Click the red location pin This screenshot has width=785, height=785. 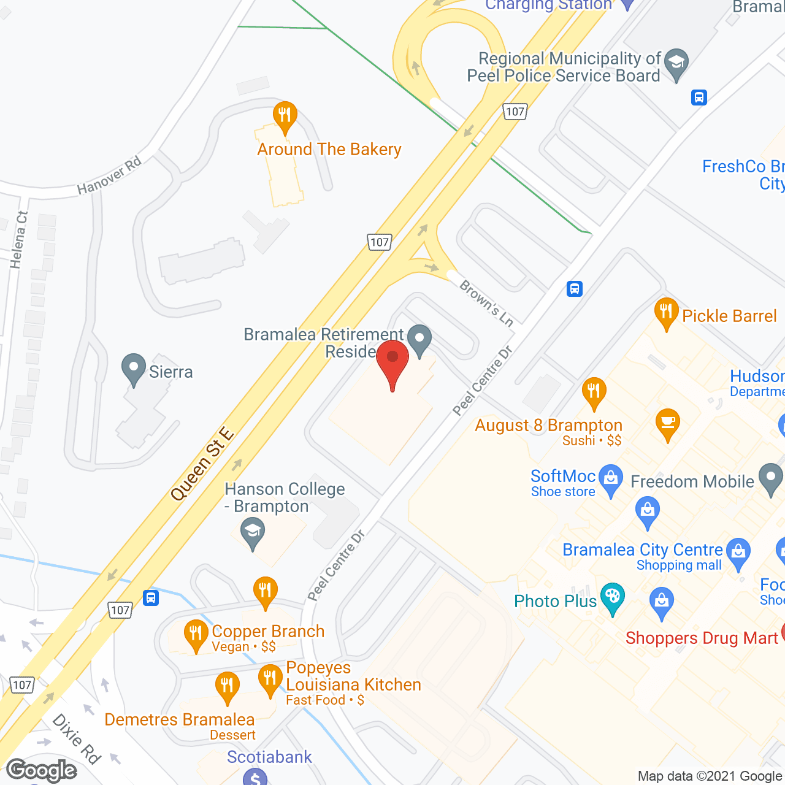point(392,362)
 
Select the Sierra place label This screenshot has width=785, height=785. point(170,372)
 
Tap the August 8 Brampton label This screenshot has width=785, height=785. point(548,426)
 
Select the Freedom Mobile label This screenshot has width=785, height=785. point(692,481)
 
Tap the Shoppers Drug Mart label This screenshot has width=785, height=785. point(702,638)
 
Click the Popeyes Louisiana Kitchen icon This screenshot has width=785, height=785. point(270,679)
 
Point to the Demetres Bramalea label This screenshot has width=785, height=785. point(179,719)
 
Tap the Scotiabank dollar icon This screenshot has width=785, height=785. point(255,778)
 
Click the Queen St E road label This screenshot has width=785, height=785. point(202,464)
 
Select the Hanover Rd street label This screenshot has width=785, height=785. point(109,175)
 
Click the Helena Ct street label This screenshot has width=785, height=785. point(19,240)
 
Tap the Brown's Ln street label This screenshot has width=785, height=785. point(486,302)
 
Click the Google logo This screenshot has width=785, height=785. point(42,770)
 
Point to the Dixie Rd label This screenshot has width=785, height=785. point(77,738)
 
